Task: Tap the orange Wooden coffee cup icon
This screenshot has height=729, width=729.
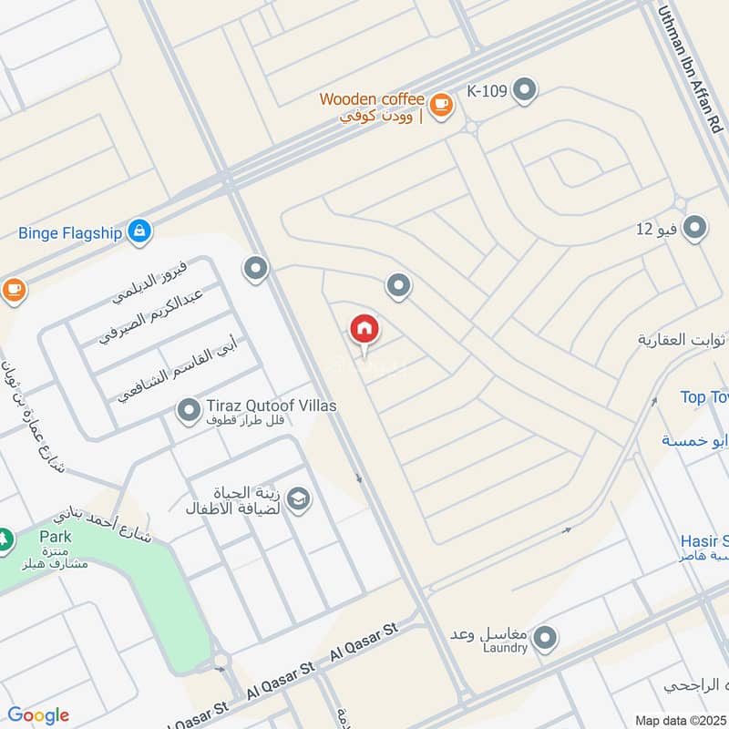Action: click(441, 106)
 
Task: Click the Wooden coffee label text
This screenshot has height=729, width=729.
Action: click(372, 99)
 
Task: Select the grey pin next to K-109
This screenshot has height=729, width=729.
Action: click(524, 90)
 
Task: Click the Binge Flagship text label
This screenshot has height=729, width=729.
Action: click(70, 232)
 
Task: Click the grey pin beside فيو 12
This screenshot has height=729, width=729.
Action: click(694, 228)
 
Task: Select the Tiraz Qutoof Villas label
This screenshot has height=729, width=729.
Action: click(259, 406)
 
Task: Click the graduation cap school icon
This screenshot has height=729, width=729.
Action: click(298, 498)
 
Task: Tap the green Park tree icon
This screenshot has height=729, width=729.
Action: click(5, 539)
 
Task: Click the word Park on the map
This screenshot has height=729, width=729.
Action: click(55, 537)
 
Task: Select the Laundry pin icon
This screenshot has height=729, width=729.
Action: click(545, 638)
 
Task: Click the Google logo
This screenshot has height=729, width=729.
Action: click(38, 715)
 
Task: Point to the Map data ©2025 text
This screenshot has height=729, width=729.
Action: click(681, 720)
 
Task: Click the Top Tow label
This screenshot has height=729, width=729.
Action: click(704, 397)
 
